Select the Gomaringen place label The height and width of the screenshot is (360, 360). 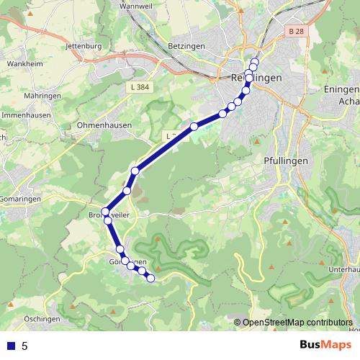tap(15, 197)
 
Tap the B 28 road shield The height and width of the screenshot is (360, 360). tap(294, 32)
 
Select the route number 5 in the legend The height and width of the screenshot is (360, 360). tap(24, 346)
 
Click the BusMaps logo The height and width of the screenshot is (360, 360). tap(324, 346)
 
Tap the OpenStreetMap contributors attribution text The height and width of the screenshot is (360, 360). tap(297, 323)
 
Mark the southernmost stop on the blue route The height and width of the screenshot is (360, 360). tap(151, 279)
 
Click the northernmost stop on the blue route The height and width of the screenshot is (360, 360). tap(254, 61)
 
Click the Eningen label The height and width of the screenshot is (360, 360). tap(342, 89)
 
